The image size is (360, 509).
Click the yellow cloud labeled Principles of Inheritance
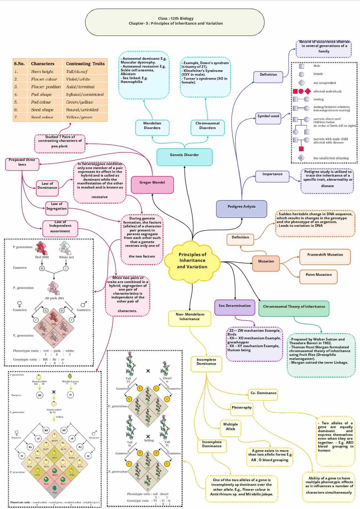coord(192,260)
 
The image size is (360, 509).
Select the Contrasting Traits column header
coord(85,64)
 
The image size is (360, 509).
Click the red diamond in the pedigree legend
coord(308,91)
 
